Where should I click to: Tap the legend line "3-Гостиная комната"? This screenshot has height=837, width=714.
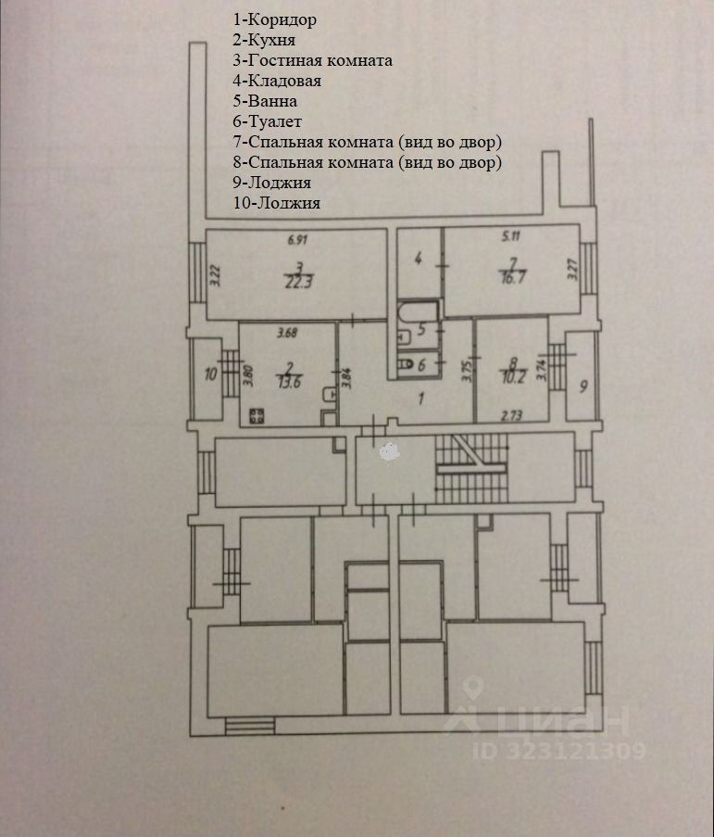(312, 60)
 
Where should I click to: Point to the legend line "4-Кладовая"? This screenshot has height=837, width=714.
(276, 81)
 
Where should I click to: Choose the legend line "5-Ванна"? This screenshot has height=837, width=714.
(265, 101)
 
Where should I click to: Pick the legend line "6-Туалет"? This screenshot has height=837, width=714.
(268, 121)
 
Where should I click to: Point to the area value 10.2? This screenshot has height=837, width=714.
(510, 377)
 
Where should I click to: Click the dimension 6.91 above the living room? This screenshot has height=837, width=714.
(296, 240)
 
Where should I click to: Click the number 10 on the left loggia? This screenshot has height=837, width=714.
(209, 374)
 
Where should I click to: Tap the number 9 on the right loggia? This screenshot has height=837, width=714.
(582, 385)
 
